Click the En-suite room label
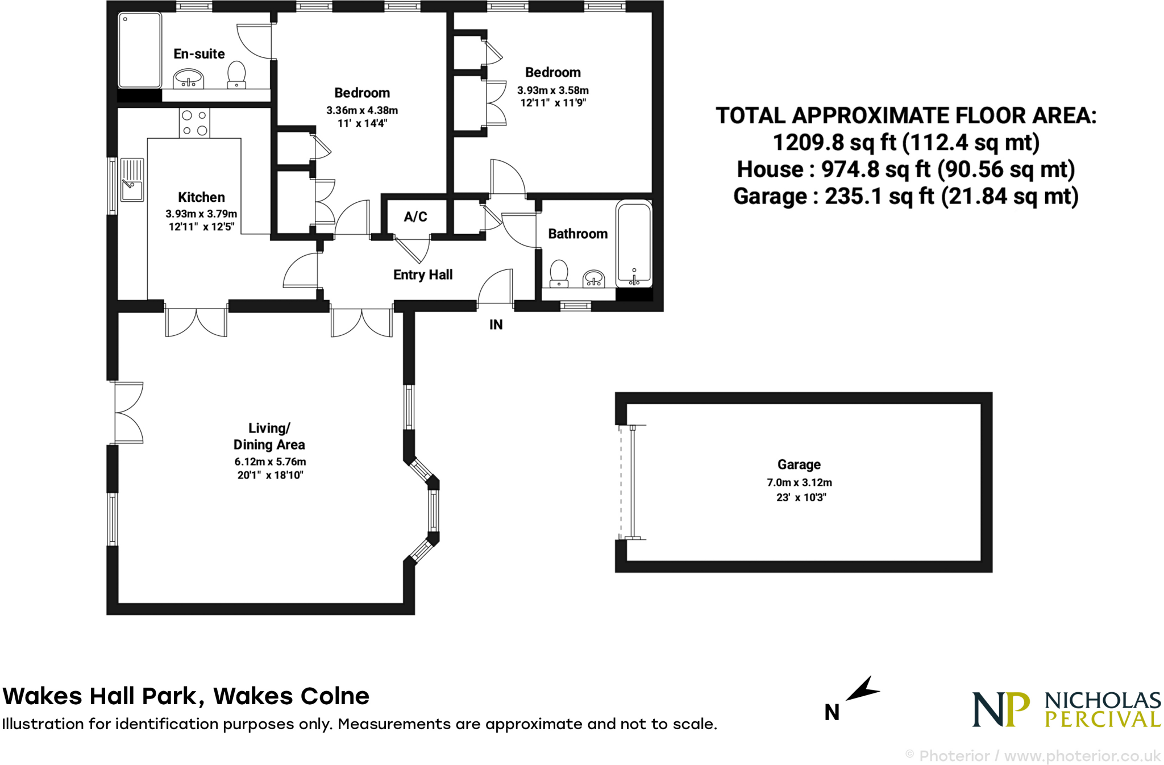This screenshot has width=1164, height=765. (x=199, y=54)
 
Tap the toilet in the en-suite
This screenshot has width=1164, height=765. (x=236, y=74)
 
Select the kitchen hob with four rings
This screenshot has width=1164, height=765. (x=194, y=123)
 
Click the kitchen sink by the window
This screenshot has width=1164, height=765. (x=132, y=180)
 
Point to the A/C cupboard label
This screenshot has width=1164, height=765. (x=415, y=217)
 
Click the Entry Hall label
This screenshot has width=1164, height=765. (x=423, y=275)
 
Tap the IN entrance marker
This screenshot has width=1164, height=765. (x=496, y=325)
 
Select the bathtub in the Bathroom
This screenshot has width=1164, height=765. (x=634, y=243)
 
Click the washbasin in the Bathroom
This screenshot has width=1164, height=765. (x=593, y=278)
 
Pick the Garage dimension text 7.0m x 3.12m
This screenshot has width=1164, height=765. (x=799, y=483)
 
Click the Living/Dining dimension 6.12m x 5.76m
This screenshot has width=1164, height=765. (x=270, y=462)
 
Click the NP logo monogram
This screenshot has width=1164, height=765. (x=1000, y=709)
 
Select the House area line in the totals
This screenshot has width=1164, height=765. (x=906, y=169)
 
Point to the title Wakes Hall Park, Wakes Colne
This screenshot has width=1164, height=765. (x=186, y=696)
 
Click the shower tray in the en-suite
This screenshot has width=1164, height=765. (x=140, y=50)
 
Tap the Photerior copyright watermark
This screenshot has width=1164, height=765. (x=1033, y=756)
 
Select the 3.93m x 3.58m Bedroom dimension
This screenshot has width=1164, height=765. (x=553, y=90)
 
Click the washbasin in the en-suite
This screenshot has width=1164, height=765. (x=188, y=78)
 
